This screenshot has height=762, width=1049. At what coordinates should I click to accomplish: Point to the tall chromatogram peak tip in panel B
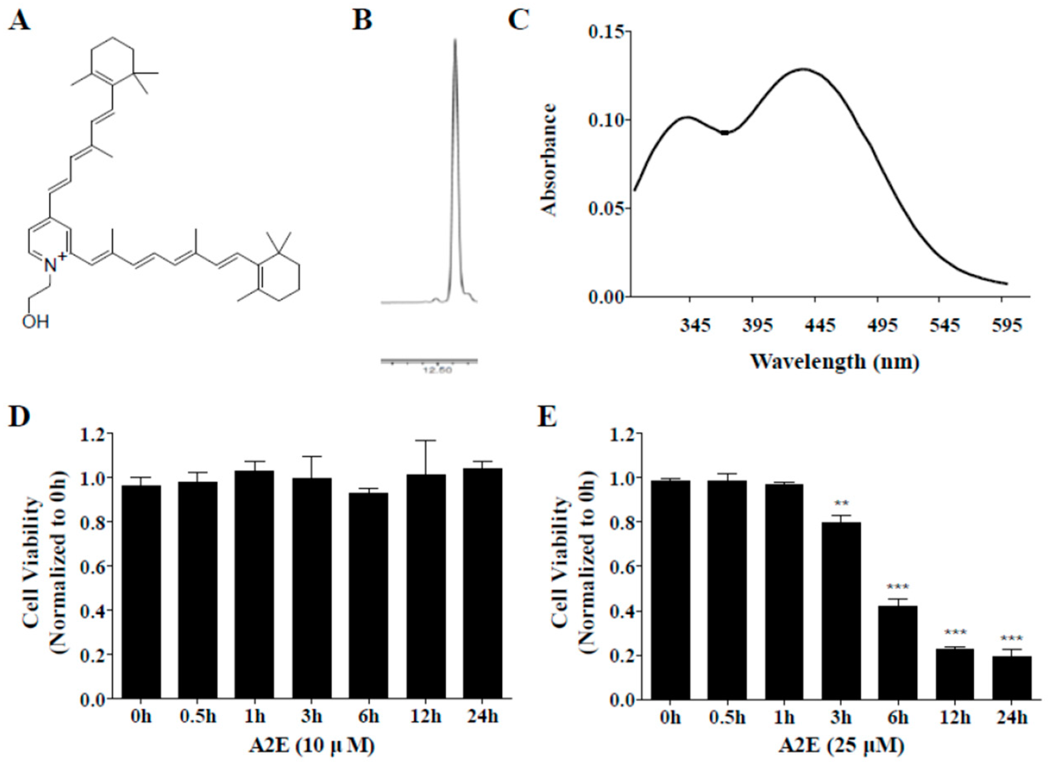tap(455, 41)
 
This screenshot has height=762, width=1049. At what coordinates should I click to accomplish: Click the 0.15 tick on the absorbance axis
tap(604, 32)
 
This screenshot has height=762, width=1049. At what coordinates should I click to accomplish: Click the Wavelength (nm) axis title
tap(834, 361)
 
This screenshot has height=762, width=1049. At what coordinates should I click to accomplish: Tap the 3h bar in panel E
tap(841, 610)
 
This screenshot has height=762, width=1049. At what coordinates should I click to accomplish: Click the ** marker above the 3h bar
tap(841, 503)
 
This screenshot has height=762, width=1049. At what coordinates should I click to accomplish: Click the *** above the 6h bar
tap(898, 587)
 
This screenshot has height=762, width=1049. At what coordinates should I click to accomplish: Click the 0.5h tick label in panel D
tap(197, 717)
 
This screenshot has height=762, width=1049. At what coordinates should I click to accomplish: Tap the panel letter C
tap(518, 21)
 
